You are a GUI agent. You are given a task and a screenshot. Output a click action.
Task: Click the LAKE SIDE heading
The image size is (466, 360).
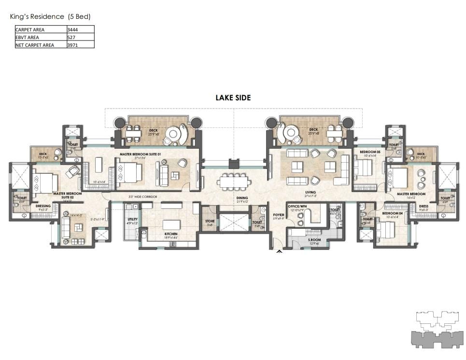[x=233, y=98]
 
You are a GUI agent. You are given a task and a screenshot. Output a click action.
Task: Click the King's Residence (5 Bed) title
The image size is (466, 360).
[x=50, y=16]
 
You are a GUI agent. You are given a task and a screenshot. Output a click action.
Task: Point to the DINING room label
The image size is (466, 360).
[x=242, y=198]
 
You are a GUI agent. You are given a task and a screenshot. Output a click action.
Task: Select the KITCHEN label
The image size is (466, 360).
[x=171, y=234]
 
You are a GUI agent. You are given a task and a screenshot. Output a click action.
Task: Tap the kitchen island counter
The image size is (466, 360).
[x=171, y=225]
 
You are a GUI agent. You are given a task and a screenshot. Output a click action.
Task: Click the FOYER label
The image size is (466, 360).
[x=279, y=215]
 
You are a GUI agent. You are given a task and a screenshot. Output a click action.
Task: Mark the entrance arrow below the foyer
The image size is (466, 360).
[x=278, y=251]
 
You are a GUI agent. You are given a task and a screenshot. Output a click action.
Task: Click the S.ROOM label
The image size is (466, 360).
[x=314, y=240]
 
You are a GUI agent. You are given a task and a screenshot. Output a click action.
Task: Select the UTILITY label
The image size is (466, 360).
[x=132, y=219]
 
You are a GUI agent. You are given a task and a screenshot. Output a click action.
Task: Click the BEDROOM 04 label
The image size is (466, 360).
[x=390, y=213]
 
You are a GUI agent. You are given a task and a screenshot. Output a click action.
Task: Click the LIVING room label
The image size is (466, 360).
[x=311, y=193]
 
